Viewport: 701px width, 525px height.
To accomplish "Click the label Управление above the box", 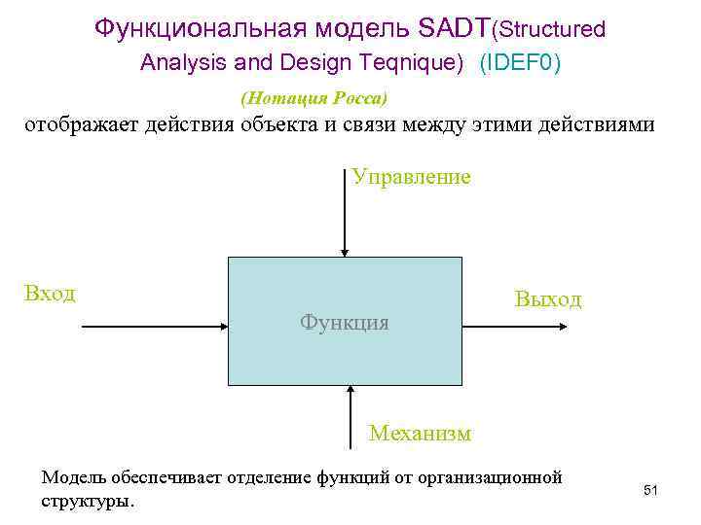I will [411, 177].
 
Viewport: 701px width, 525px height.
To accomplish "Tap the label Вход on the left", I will [50, 293].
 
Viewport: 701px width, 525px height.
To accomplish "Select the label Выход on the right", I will [547, 299].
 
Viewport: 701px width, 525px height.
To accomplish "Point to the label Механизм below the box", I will [420, 433].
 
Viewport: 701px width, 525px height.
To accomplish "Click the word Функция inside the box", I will [344, 322].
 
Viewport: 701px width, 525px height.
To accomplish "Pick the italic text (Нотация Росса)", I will [314, 98].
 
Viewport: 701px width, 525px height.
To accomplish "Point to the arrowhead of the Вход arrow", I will [221, 328].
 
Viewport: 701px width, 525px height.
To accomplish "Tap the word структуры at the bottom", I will [87, 502].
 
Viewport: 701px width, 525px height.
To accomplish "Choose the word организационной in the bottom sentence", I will [494, 477].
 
